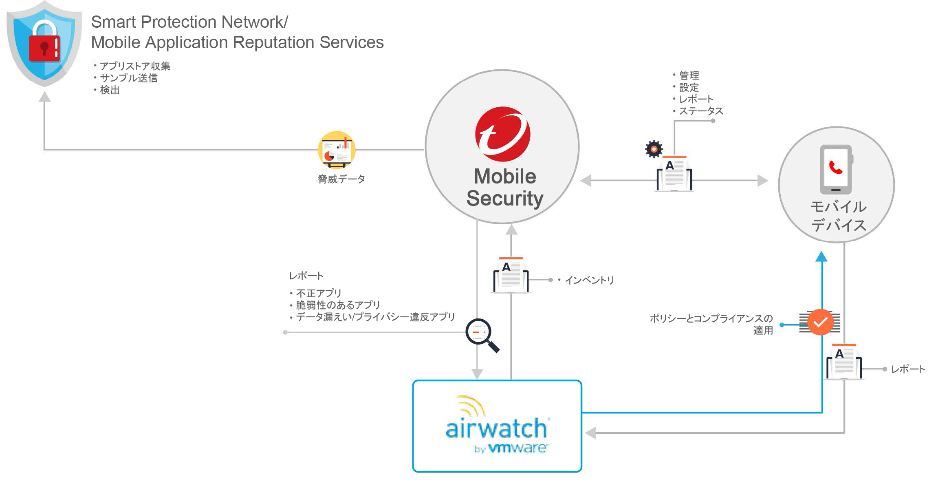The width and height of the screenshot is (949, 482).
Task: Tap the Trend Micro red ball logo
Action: pos(502,134)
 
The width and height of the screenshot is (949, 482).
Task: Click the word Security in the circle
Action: pos(504,198)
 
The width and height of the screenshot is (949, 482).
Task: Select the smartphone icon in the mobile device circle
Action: pos(836,169)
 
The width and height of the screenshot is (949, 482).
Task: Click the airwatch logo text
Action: pos(496,428)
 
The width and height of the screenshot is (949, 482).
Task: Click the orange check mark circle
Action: pos(820,322)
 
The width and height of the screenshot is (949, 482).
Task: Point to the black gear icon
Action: pos(654,149)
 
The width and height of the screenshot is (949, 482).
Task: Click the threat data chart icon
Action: pos(337,150)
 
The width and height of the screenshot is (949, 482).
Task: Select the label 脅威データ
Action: pos(341,179)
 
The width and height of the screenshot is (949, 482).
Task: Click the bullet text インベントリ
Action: pos(589,280)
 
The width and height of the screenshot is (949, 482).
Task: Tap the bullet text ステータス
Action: pos(700,111)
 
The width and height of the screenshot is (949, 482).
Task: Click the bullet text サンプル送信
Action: pos(128,78)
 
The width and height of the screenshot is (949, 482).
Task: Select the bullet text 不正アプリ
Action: pos(318,293)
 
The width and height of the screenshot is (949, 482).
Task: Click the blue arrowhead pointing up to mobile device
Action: pos(821,256)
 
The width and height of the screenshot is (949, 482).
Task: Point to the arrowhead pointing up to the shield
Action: pos(44,97)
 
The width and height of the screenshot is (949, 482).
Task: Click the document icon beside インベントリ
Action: pos(511,275)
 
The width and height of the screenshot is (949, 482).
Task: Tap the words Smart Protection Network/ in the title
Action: pos(189,22)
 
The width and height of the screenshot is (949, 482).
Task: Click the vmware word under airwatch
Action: pos(518,448)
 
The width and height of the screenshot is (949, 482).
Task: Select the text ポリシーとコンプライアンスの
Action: pos(711,318)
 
